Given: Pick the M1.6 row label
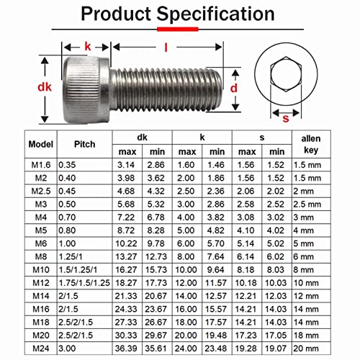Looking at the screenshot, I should pos(40,164).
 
